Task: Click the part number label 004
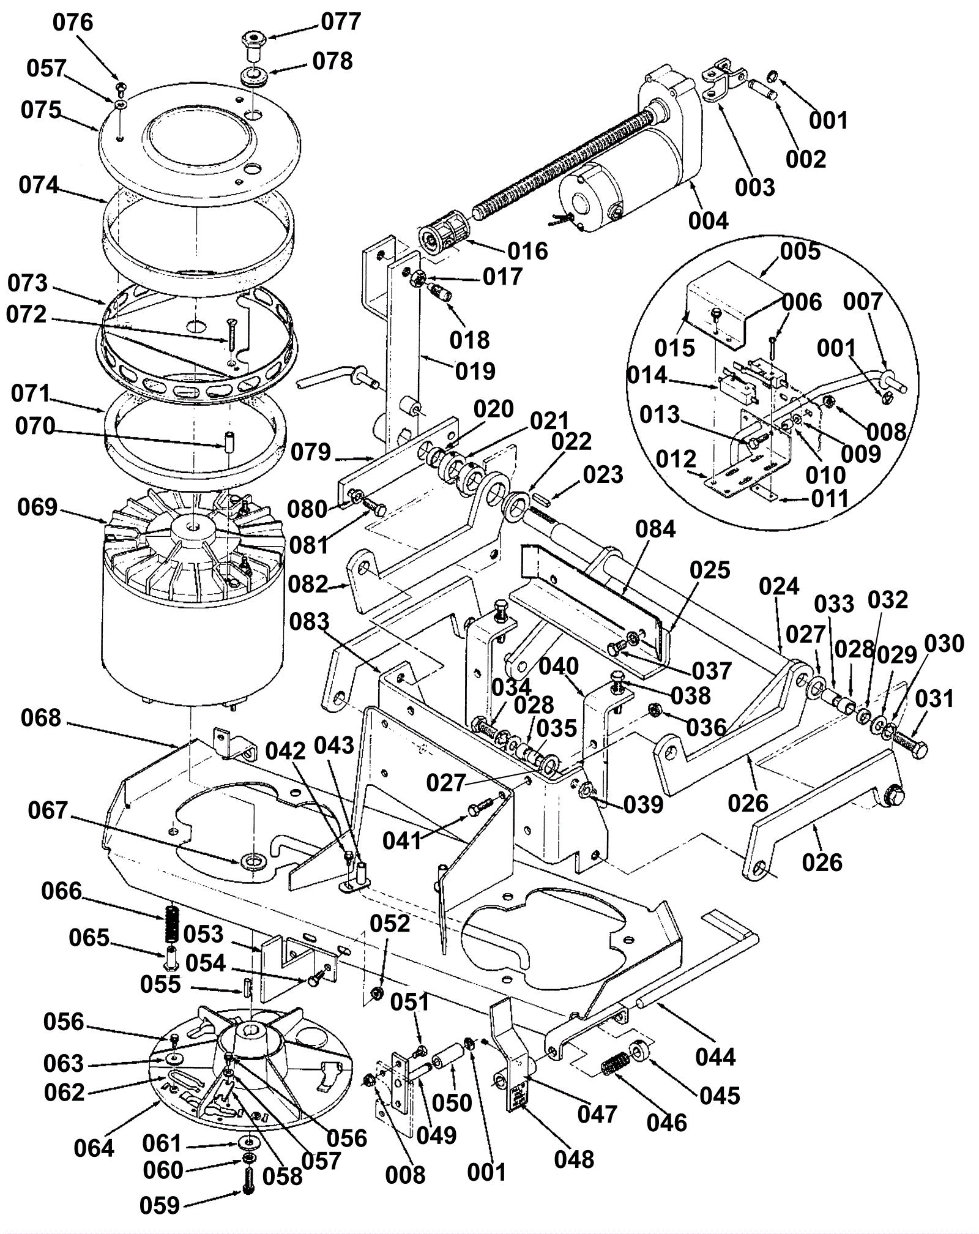click(709, 220)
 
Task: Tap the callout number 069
click(37, 507)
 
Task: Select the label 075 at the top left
click(41, 110)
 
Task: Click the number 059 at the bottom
click(160, 1206)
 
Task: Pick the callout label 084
click(655, 528)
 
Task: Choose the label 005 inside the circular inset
click(800, 251)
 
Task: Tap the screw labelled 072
click(231, 334)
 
